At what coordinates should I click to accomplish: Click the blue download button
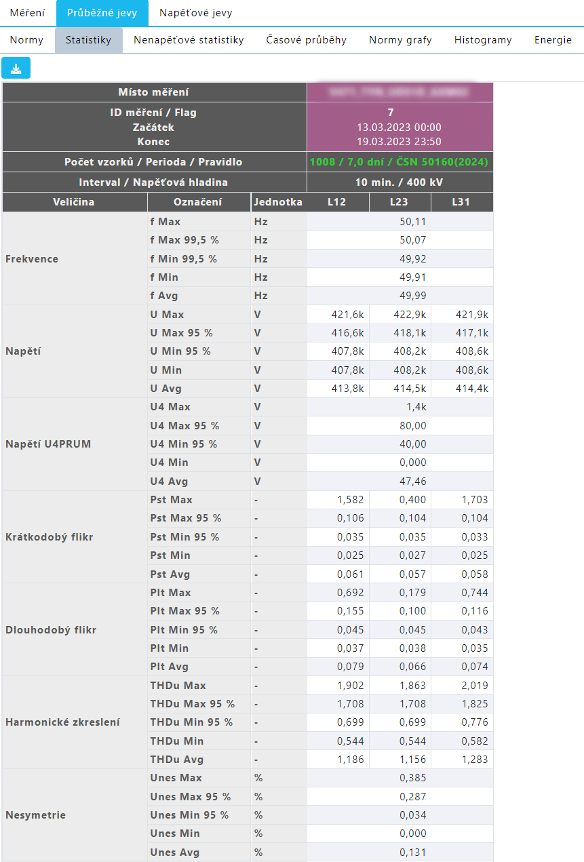[x=16, y=68]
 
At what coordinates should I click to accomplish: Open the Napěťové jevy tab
[x=195, y=13]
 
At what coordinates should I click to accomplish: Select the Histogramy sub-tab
[x=483, y=40]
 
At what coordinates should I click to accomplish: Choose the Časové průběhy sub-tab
[x=307, y=40]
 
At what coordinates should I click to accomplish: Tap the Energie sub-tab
[x=553, y=40]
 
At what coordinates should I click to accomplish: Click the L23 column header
[x=400, y=202]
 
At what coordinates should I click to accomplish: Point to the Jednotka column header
[x=278, y=202]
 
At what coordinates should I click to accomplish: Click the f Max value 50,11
[x=412, y=222]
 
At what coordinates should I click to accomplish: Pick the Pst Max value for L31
[x=473, y=500]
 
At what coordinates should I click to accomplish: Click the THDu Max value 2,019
[x=473, y=686]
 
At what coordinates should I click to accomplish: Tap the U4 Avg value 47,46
[x=412, y=482]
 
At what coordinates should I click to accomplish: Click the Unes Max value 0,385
[x=412, y=778]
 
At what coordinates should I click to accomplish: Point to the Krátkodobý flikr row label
[x=49, y=537]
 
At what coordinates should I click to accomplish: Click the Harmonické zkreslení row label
[x=62, y=722]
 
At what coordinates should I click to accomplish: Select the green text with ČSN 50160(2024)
[x=399, y=162]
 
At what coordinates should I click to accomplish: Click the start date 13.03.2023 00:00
[x=399, y=127]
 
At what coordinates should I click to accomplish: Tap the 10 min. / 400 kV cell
[x=399, y=182]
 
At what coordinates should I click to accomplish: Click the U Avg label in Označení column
[x=166, y=389]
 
